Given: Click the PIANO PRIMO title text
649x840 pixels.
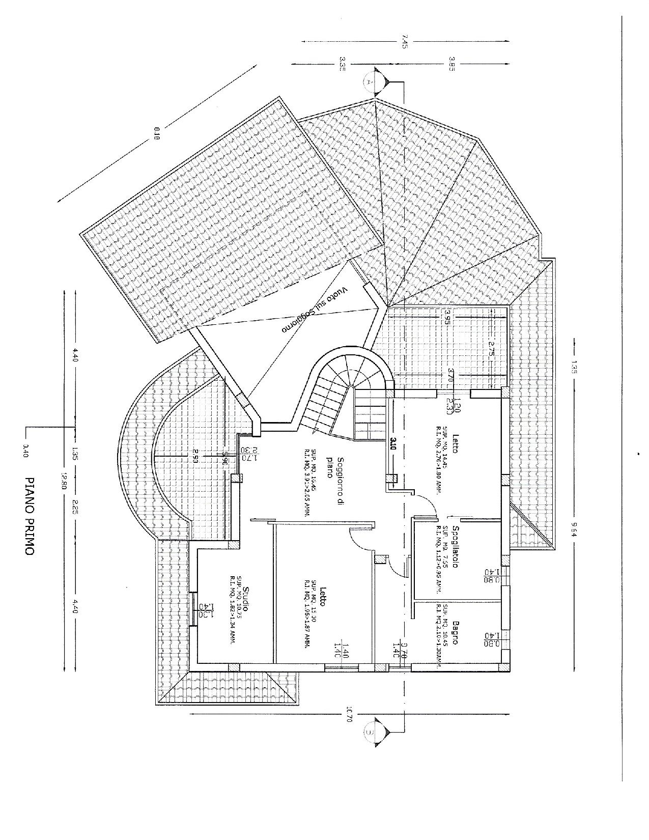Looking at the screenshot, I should pos(30,515).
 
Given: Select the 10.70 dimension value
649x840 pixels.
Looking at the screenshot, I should pos(349,713).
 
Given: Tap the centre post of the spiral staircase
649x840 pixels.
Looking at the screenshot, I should pos(351,389).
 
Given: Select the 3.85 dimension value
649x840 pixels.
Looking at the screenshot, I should pos(451,65).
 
